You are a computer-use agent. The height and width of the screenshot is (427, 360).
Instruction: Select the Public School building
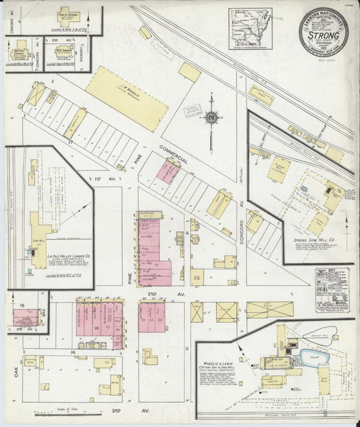click(x=68, y=19)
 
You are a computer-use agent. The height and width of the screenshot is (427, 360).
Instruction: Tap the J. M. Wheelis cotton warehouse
click(x=126, y=97)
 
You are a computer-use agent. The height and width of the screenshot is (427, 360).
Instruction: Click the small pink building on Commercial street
click(x=168, y=172)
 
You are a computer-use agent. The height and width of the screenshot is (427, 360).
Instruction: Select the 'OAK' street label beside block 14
click(x=17, y=370)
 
